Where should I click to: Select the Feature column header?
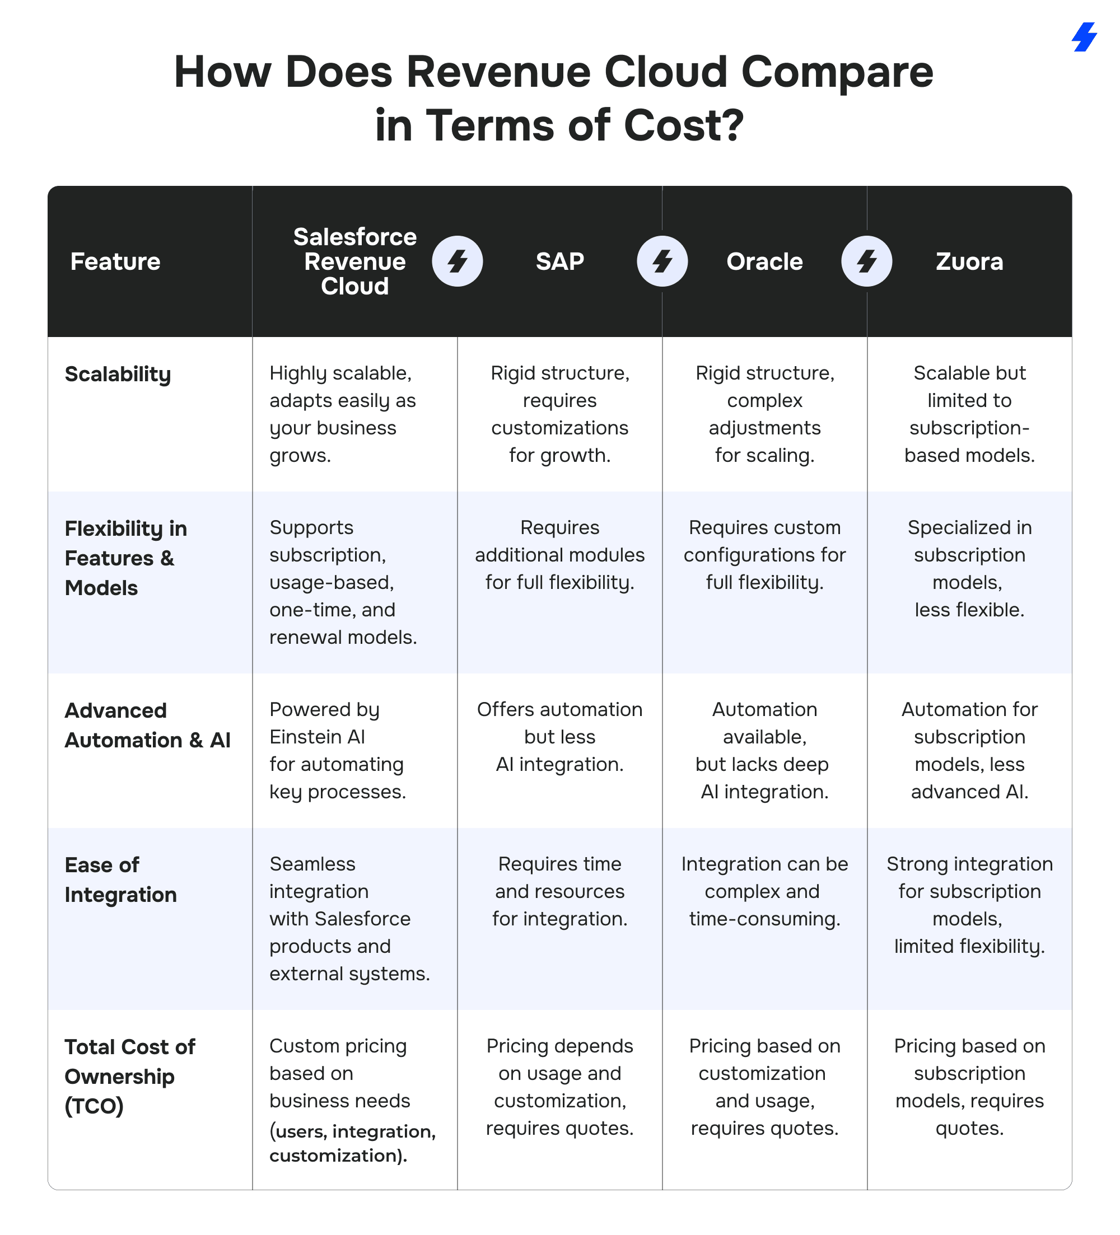115,261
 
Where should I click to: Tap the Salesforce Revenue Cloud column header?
354,261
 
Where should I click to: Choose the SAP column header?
559,261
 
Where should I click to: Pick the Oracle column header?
764,261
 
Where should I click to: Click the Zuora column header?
969,261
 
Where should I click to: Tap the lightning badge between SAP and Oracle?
662,261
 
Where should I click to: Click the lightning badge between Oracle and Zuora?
866,261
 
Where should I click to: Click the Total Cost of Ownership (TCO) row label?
129,1077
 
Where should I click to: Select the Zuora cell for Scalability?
969,414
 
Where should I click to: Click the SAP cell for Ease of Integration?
559,891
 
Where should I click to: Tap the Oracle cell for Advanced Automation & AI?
764,750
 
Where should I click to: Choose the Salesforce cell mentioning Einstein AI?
337,750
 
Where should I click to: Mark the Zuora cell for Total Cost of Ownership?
969,1087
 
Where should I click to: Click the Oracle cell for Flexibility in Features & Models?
764,555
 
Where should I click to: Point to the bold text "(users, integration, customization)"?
352,1143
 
